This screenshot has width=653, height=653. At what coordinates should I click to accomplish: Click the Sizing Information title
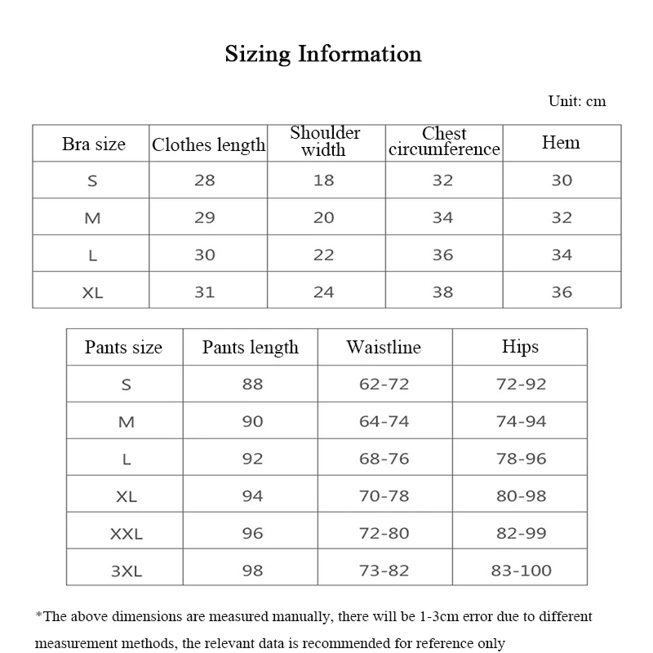point(323,55)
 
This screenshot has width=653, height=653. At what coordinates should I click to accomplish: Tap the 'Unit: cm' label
point(577,101)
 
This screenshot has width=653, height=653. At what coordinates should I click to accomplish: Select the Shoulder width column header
point(325,141)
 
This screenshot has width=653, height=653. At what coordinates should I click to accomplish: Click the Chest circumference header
point(444,141)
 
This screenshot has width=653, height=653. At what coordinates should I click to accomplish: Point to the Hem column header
point(561,143)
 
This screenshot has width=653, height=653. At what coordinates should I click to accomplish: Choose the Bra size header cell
point(94,144)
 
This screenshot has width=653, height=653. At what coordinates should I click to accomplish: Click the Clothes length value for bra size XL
point(205,291)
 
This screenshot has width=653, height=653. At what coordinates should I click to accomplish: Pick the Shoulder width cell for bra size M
point(324,217)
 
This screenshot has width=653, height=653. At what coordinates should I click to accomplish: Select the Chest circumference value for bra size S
point(442,180)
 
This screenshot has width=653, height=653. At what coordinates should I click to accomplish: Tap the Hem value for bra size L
point(562,255)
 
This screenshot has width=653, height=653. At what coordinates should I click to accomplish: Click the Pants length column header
point(251,347)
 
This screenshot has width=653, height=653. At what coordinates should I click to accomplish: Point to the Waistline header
point(384,347)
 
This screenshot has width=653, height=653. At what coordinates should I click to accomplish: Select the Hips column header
point(520,347)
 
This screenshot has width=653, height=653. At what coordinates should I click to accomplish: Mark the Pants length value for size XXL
point(252,533)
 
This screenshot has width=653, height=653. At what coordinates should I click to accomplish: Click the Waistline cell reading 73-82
point(384,571)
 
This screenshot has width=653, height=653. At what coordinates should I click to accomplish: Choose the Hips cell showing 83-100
point(521,571)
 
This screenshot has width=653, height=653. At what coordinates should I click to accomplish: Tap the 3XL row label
point(127,571)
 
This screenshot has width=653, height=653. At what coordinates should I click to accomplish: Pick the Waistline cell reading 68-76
point(384,459)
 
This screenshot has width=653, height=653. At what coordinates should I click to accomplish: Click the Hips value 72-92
point(521,384)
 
